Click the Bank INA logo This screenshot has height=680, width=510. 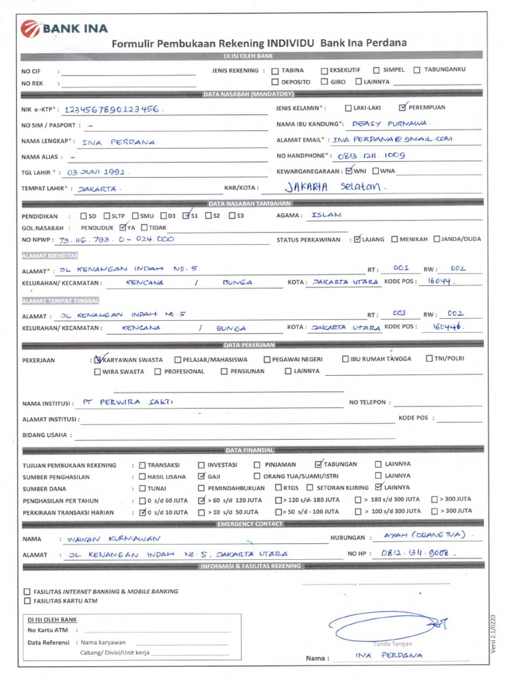pos(64,29)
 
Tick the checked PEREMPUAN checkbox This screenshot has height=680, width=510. pos(403,107)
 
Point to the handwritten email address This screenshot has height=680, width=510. pos(392,139)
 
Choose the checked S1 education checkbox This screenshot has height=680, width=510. pos(187,215)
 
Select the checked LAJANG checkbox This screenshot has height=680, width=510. pos(358,239)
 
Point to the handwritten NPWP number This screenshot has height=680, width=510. pos(117,239)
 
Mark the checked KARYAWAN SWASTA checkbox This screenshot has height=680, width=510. pos(99,359)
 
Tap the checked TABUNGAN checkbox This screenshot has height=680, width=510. pos(319,464)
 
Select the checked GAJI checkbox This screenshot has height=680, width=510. pos(202,476)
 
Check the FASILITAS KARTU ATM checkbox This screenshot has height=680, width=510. pos(27,601)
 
